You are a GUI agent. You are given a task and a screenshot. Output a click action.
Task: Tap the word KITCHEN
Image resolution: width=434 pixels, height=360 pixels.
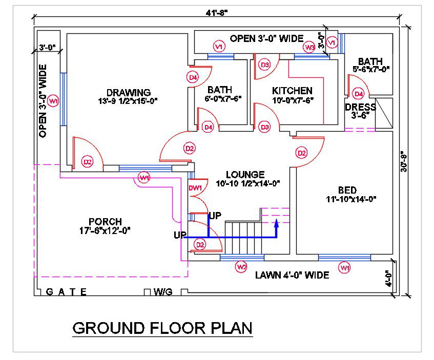pos(292,91)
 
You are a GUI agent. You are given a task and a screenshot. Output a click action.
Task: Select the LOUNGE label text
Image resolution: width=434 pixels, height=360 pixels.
pos(245,175)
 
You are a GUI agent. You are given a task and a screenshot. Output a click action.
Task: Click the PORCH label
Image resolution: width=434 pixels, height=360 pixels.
pos(105,222)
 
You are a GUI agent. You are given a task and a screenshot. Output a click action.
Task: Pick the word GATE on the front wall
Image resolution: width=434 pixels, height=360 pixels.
pos(66,292)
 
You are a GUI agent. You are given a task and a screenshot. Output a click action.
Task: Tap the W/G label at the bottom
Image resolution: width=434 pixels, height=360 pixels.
pos(163,292)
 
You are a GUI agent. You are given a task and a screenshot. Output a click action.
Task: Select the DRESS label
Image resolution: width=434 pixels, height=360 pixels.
pos(360,108)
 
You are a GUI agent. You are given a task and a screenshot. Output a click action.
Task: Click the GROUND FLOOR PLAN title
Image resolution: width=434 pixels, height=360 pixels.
pos(162,328)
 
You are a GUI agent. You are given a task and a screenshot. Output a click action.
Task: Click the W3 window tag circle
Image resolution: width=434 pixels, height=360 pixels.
pos(309,48)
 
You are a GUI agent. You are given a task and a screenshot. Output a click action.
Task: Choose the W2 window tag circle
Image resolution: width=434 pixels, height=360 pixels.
pos(241,266)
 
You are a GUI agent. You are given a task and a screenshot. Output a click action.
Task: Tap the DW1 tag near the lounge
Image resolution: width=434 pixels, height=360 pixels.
pos(196,188)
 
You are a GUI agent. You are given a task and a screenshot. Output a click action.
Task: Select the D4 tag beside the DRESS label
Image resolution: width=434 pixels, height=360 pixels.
pos(359,94)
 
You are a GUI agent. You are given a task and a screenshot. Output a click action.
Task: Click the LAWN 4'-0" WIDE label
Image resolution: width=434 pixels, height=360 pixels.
pos(292,276)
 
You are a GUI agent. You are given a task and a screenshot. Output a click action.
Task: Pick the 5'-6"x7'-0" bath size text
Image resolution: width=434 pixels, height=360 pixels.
pos(371,69)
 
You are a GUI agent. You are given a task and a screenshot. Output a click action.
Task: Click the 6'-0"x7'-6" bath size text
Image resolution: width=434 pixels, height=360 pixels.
pos(223,98)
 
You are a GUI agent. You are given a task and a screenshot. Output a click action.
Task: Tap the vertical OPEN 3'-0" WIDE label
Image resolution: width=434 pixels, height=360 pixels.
pos(43,101)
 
